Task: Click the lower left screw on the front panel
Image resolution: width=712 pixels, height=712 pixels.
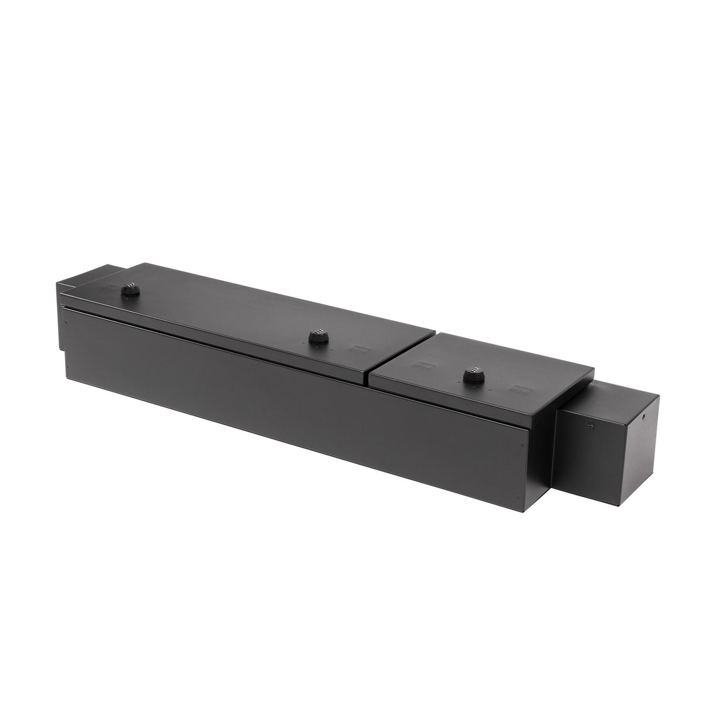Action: [x=68, y=368]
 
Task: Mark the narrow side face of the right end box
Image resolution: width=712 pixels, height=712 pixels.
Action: [x=645, y=446]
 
